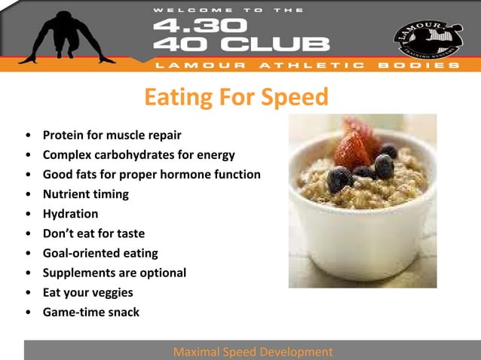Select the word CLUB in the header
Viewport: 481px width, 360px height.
(x=282, y=44)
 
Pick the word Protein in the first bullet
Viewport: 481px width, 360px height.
(x=62, y=136)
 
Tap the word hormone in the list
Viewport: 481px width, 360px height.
(x=194, y=175)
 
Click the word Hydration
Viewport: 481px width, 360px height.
(x=70, y=214)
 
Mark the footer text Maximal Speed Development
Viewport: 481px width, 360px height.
(x=253, y=352)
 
